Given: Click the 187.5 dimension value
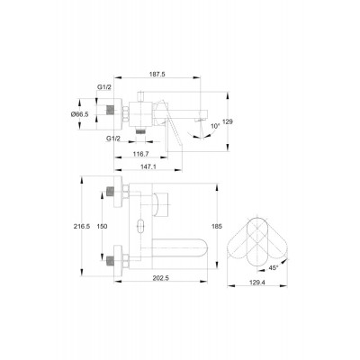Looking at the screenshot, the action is [x=157, y=75].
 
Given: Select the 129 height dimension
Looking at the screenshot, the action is [x=228, y=121].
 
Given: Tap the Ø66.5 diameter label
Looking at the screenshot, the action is [x=79, y=114].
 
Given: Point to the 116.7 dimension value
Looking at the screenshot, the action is [x=140, y=154].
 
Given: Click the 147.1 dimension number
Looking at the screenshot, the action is [x=148, y=166].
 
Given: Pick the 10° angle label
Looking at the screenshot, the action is [x=215, y=126].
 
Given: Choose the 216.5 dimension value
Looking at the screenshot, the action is [x=82, y=227].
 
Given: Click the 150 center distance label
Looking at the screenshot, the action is [x=102, y=227].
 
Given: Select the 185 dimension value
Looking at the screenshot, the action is [x=217, y=227].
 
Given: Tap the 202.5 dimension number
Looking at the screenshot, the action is [x=161, y=278].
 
